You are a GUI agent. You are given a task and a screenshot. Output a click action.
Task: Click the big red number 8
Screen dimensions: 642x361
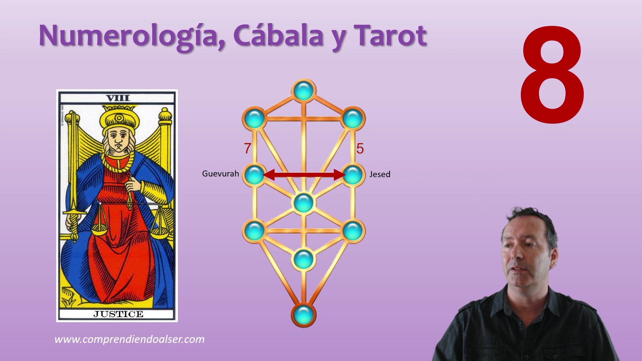click(x=552, y=75)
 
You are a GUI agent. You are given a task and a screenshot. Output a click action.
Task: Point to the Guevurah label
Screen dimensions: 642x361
click(x=220, y=173)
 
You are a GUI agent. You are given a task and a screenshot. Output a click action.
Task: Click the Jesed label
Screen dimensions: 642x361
click(x=380, y=174)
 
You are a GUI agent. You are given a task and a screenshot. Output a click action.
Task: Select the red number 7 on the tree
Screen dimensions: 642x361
click(x=247, y=148)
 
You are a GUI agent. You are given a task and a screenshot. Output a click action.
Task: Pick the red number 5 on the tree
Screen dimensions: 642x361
click(x=360, y=148)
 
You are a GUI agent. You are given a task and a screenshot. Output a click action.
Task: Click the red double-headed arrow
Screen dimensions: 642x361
click(x=304, y=174)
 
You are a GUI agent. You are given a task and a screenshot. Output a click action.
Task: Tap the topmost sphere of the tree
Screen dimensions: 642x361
click(x=304, y=91)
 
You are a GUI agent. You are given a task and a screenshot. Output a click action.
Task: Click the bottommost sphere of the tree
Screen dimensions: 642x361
click(x=304, y=315)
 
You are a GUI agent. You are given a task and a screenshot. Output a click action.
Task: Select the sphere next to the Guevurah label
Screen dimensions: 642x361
click(x=255, y=174)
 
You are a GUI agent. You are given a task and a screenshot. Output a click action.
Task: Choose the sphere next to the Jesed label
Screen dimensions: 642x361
click(x=353, y=174)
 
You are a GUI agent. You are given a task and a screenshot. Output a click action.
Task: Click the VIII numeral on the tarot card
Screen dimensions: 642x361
click(x=118, y=98)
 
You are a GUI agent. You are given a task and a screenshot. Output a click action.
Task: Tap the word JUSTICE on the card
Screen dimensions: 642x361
click(x=118, y=314)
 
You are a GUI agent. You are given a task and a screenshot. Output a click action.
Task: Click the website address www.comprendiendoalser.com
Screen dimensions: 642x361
click(x=129, y=339)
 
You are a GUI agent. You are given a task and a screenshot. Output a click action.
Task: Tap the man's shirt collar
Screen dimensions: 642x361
click(x=525, y=303)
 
